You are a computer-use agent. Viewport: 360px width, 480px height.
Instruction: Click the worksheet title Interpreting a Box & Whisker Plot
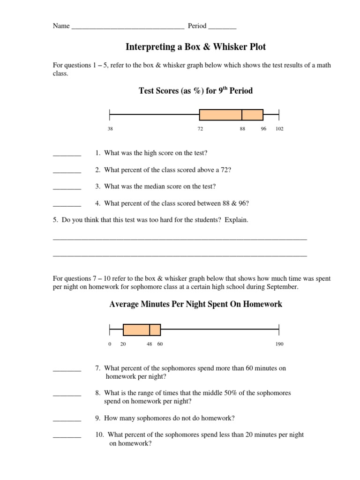[196, 47]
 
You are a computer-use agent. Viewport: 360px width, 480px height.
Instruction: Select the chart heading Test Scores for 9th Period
[195, 90]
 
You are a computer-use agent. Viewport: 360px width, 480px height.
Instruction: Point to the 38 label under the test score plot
[110, 129]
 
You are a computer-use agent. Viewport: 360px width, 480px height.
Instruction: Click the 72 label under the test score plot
[200, 129]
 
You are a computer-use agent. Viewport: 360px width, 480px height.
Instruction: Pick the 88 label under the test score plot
[242, 129]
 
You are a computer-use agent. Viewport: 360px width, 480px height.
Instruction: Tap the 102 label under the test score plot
[279, 129]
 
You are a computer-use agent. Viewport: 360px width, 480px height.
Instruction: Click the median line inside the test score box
[242, 115]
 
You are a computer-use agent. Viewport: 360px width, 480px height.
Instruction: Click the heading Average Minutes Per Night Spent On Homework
[195, 304]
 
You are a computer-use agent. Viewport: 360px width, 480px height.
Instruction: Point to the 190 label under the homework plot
[279, 344]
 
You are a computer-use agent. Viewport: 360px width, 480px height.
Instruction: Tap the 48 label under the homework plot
[150, 344]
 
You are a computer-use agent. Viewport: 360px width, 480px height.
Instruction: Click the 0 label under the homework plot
[110, 344]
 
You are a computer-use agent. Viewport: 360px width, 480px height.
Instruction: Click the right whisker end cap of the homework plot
[279, 330]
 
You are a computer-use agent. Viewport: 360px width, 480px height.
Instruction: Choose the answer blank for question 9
[67, 419]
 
